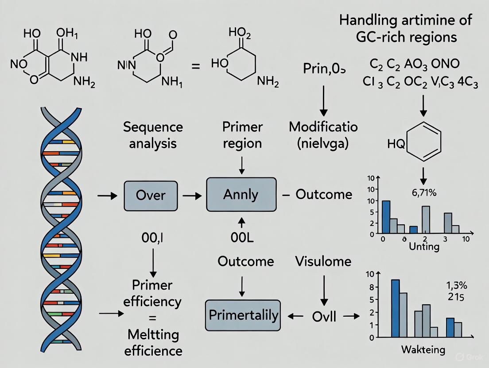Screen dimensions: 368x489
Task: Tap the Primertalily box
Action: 243,315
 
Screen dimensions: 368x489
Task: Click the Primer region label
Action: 243,135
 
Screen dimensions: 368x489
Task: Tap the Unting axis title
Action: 424,246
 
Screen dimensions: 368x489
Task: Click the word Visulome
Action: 323,261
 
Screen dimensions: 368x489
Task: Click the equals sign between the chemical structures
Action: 195,66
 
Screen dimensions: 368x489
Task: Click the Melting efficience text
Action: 153,343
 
